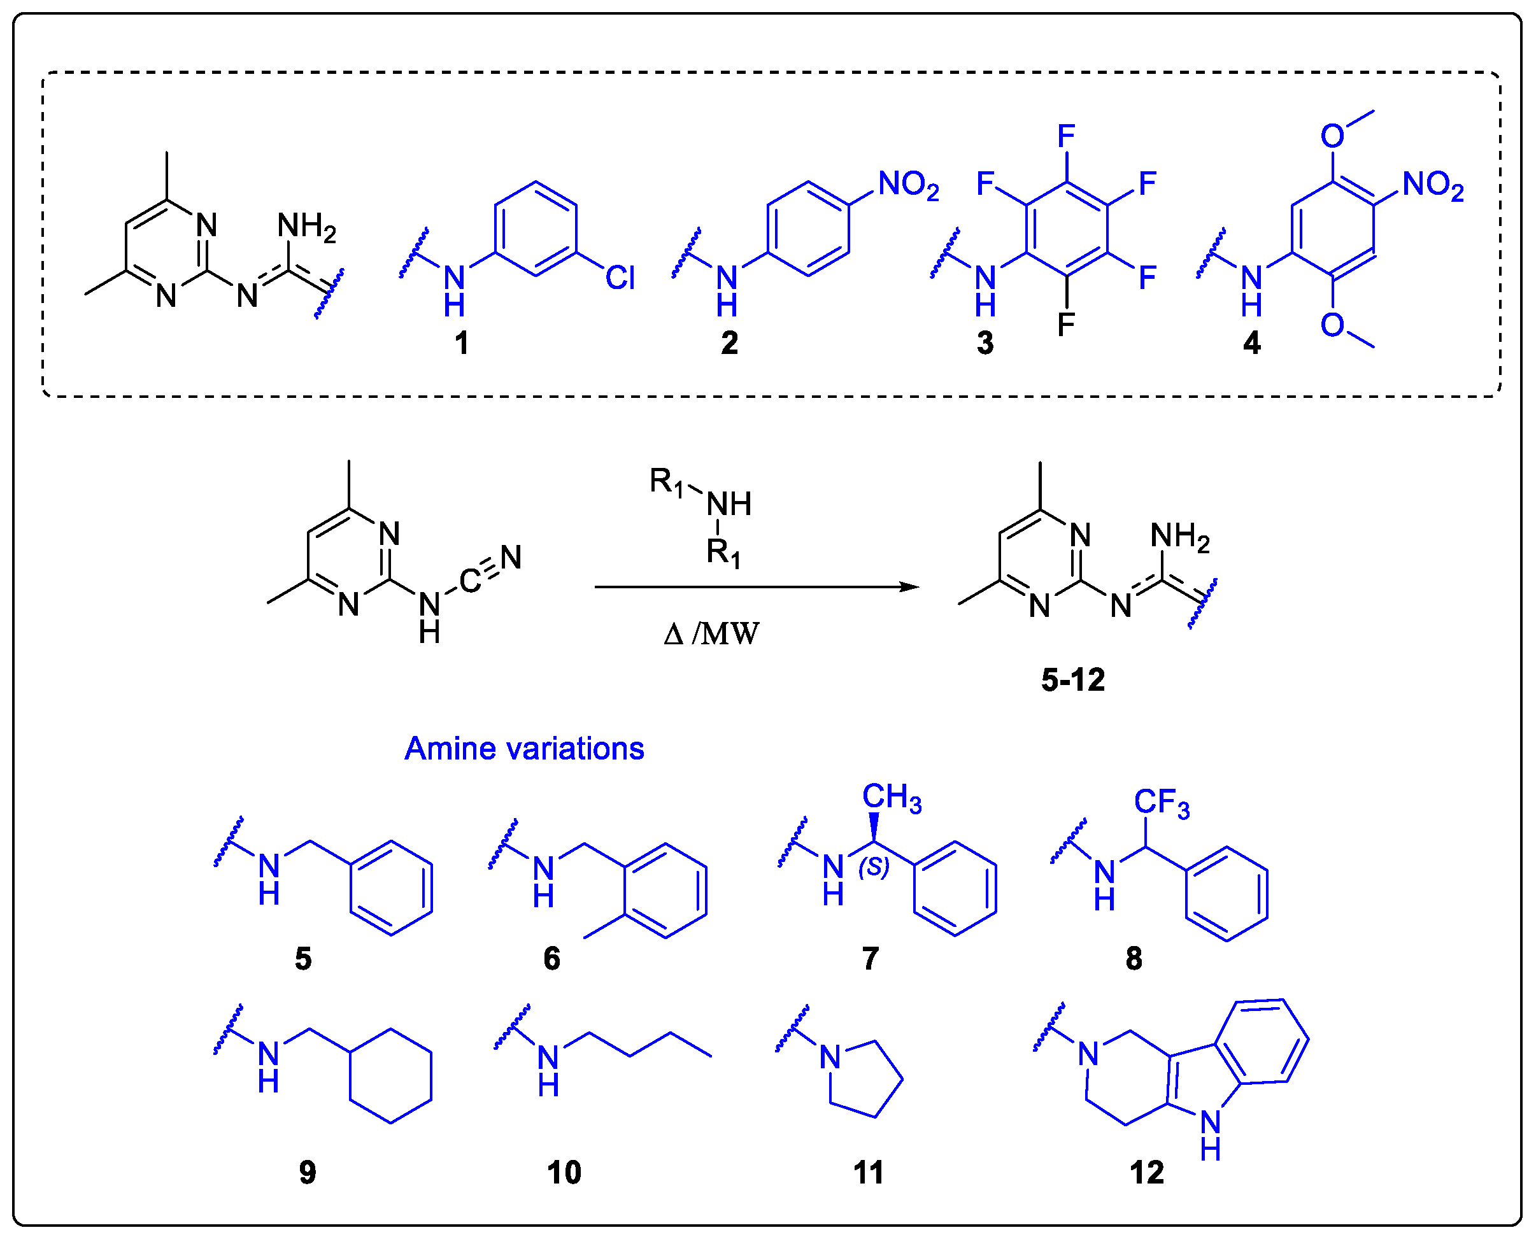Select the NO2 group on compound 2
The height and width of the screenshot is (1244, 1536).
(907, 185)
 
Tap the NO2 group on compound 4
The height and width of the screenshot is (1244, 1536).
(1432, 185)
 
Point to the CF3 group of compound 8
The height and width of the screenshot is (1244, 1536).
(1161, 803)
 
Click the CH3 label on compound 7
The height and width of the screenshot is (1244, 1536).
(891, 798)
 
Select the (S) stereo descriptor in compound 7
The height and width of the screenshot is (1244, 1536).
(873, 868)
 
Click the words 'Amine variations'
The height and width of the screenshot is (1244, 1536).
(524, 749)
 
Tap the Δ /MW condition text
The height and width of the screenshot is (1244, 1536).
(711, 634)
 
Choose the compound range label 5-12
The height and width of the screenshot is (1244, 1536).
(1072, 679)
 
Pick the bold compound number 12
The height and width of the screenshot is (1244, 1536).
(1146, 1173)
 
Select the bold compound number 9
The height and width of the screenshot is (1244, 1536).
(307, 1173)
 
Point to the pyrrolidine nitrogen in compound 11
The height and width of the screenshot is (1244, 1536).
(830, 1057)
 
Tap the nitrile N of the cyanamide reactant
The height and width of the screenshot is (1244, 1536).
(510, 558)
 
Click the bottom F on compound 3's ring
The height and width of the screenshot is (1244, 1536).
(1066, 325)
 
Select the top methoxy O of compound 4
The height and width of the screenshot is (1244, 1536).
(1332, 136)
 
